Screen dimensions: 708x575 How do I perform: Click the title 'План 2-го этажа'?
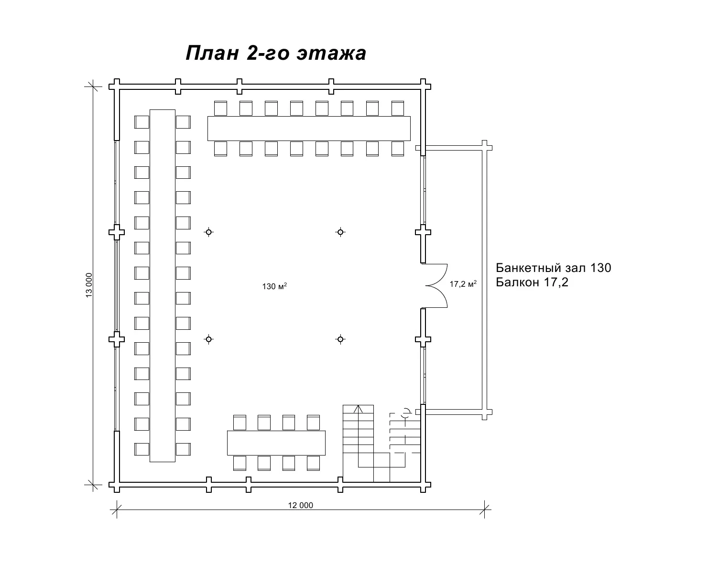(275, 53)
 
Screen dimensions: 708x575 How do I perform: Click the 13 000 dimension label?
(89, 285)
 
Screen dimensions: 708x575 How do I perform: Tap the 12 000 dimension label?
(300, 505)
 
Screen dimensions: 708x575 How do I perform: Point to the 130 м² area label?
(274, 286)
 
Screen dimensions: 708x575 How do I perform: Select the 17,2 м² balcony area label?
(463, 284)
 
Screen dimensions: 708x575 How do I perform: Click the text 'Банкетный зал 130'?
(553, 268)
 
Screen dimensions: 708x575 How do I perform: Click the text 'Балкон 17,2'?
(532, 282)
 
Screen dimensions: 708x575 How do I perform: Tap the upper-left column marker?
(209, 232)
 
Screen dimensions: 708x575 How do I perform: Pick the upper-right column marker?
(340, 232)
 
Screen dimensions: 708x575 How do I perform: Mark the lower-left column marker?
(209, 339)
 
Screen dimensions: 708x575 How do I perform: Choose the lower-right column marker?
(340, 339)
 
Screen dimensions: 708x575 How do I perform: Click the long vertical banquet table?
(163, 286)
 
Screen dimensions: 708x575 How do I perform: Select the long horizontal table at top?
(309, 128)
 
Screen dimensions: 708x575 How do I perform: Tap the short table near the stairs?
(276, 443)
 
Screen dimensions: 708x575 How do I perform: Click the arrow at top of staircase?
(358, 409)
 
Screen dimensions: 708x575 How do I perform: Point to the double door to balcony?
(436, 285)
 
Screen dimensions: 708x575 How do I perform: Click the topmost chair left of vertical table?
(142, 122)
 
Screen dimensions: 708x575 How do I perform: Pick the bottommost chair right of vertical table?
(183, 449)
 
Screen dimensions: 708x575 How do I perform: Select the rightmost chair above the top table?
(398, 108)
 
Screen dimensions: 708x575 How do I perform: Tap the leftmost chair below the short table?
(240, 463)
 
